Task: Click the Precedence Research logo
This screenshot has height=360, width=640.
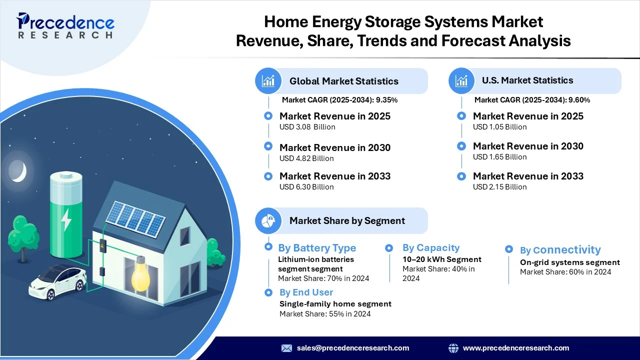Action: [65, 25]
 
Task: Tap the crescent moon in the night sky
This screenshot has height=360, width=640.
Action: [18, 171]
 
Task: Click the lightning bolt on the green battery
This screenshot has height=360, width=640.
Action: [66, 219]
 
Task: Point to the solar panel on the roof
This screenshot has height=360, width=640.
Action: [135, 219]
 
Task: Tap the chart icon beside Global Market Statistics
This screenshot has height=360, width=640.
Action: [268, 81]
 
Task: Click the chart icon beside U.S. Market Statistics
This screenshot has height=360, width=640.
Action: [461, 81]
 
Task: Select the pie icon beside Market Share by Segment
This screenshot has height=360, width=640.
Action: [268, 220]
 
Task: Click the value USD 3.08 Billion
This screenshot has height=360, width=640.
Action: [307, 127]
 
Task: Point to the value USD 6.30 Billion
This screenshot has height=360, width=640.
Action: [306, 187]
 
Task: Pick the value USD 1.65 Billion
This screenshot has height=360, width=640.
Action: [499, 157]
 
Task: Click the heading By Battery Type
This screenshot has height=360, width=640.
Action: [317, 248]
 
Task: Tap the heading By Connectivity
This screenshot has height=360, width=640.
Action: [560, 249]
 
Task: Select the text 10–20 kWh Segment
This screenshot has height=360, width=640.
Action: [442, 259]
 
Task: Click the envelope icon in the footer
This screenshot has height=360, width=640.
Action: [286, 348]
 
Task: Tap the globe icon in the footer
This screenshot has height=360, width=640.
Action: [453, 348]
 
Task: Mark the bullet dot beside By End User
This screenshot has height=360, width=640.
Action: [268, 292]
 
